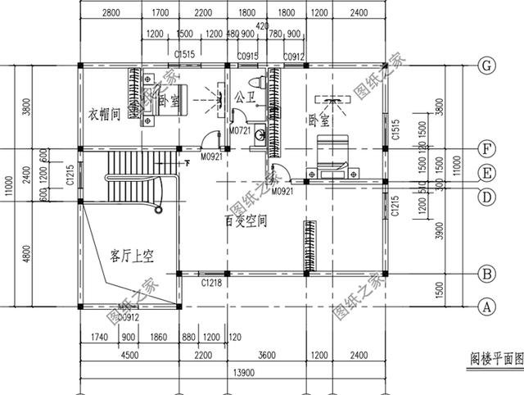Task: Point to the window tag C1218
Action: click(x=212, y=283)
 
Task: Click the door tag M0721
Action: click(x=239, y=131)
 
